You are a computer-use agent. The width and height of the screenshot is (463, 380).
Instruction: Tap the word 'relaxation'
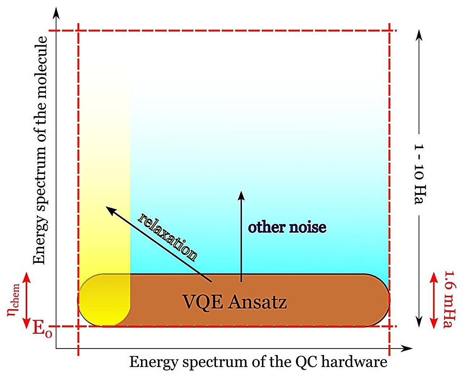point(167,237)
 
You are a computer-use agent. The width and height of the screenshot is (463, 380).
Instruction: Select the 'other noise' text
point(287,227)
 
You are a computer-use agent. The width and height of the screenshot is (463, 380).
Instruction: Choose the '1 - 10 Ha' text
point(419,175)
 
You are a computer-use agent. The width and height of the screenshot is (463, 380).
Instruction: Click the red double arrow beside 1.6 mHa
point(434,300)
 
